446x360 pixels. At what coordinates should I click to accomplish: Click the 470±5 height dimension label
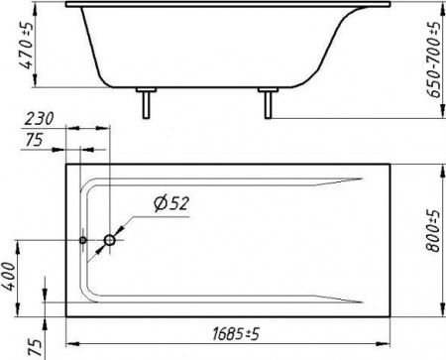(26, 46)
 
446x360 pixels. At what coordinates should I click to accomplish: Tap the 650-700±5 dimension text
(434, 60)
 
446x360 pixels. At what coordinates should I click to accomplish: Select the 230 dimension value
(39, 118)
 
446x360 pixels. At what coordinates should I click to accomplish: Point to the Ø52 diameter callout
(171, 203)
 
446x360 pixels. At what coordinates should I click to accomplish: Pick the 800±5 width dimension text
(433, 231)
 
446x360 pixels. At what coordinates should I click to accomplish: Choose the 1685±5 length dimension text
(235, 334)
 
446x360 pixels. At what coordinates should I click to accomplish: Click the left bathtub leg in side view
(146, 102)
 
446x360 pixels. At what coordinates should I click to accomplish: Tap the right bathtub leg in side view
(268, 102)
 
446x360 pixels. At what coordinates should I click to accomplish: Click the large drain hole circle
(109, 240)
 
